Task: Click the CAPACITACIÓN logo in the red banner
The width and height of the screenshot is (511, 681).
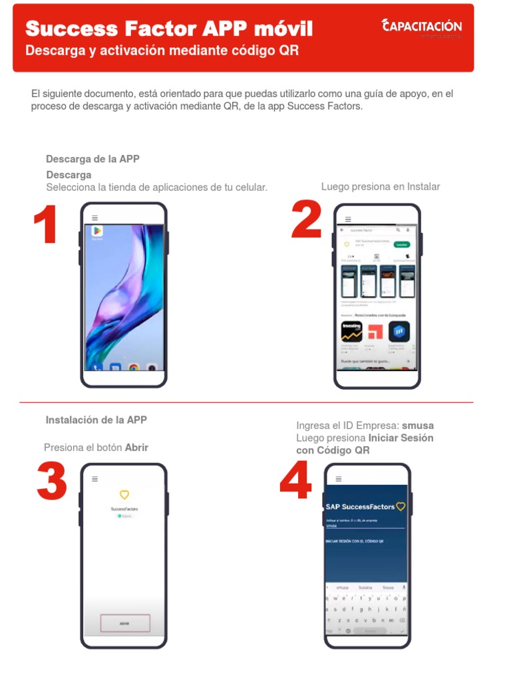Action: pos(422,27)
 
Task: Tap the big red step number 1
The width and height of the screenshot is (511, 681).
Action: pos(45,226)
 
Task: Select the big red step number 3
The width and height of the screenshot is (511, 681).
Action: pos(52,481)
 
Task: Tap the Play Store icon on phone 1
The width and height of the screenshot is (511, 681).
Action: pos(97,231)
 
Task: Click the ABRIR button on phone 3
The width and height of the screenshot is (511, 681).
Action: pos(124,623)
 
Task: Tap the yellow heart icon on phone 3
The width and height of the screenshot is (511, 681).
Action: pos(124,495)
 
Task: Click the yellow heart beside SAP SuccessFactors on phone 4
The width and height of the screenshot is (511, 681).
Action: pos(400,507)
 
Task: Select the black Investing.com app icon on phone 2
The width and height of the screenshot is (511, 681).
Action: pos(352,331)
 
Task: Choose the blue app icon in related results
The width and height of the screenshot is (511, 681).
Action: pos(399,331)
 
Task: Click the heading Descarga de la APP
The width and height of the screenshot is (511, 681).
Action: pos(92,159)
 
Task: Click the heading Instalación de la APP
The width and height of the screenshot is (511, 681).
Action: pos(96,420)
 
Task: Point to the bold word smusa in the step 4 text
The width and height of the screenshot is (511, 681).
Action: pos(418,426)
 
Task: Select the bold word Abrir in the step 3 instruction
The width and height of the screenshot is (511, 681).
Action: pos(136,448)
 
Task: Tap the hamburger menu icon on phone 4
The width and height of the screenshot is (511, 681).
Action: pos(339,478)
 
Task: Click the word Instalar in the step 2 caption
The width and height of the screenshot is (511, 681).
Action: pos(423,187)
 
